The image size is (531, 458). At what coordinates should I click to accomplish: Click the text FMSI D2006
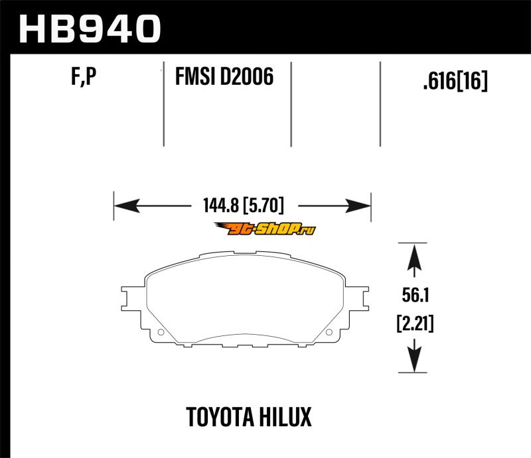coord(224,79)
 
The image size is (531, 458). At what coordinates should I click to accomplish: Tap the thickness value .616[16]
coord(455,82)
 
